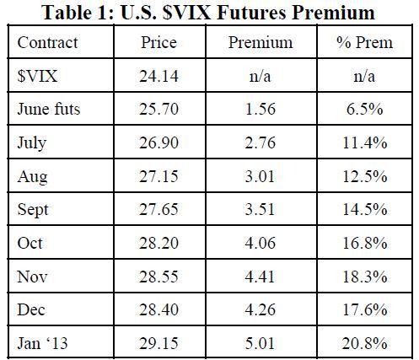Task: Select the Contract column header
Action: (47, 43)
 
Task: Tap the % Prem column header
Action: (364, 43)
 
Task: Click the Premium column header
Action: (261, 43)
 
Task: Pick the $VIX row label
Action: (37, 76)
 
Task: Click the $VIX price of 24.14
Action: (158, 76)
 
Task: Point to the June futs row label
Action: (49, 109)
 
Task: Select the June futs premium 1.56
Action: (261, 110)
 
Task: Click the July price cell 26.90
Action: (158, 142)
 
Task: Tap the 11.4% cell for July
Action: (364, 142)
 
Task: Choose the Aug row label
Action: (32, 177)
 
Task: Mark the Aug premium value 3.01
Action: (260, 176)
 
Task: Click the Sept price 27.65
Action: (158, 209)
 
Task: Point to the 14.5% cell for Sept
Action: (364, 209)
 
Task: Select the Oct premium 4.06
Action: (260, 243)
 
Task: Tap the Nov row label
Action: (32, 277)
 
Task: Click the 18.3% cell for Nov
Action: (364, 277)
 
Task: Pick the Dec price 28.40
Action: (158, 309)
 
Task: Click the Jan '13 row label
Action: (42, 343)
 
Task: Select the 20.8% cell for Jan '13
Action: (364, 343)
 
